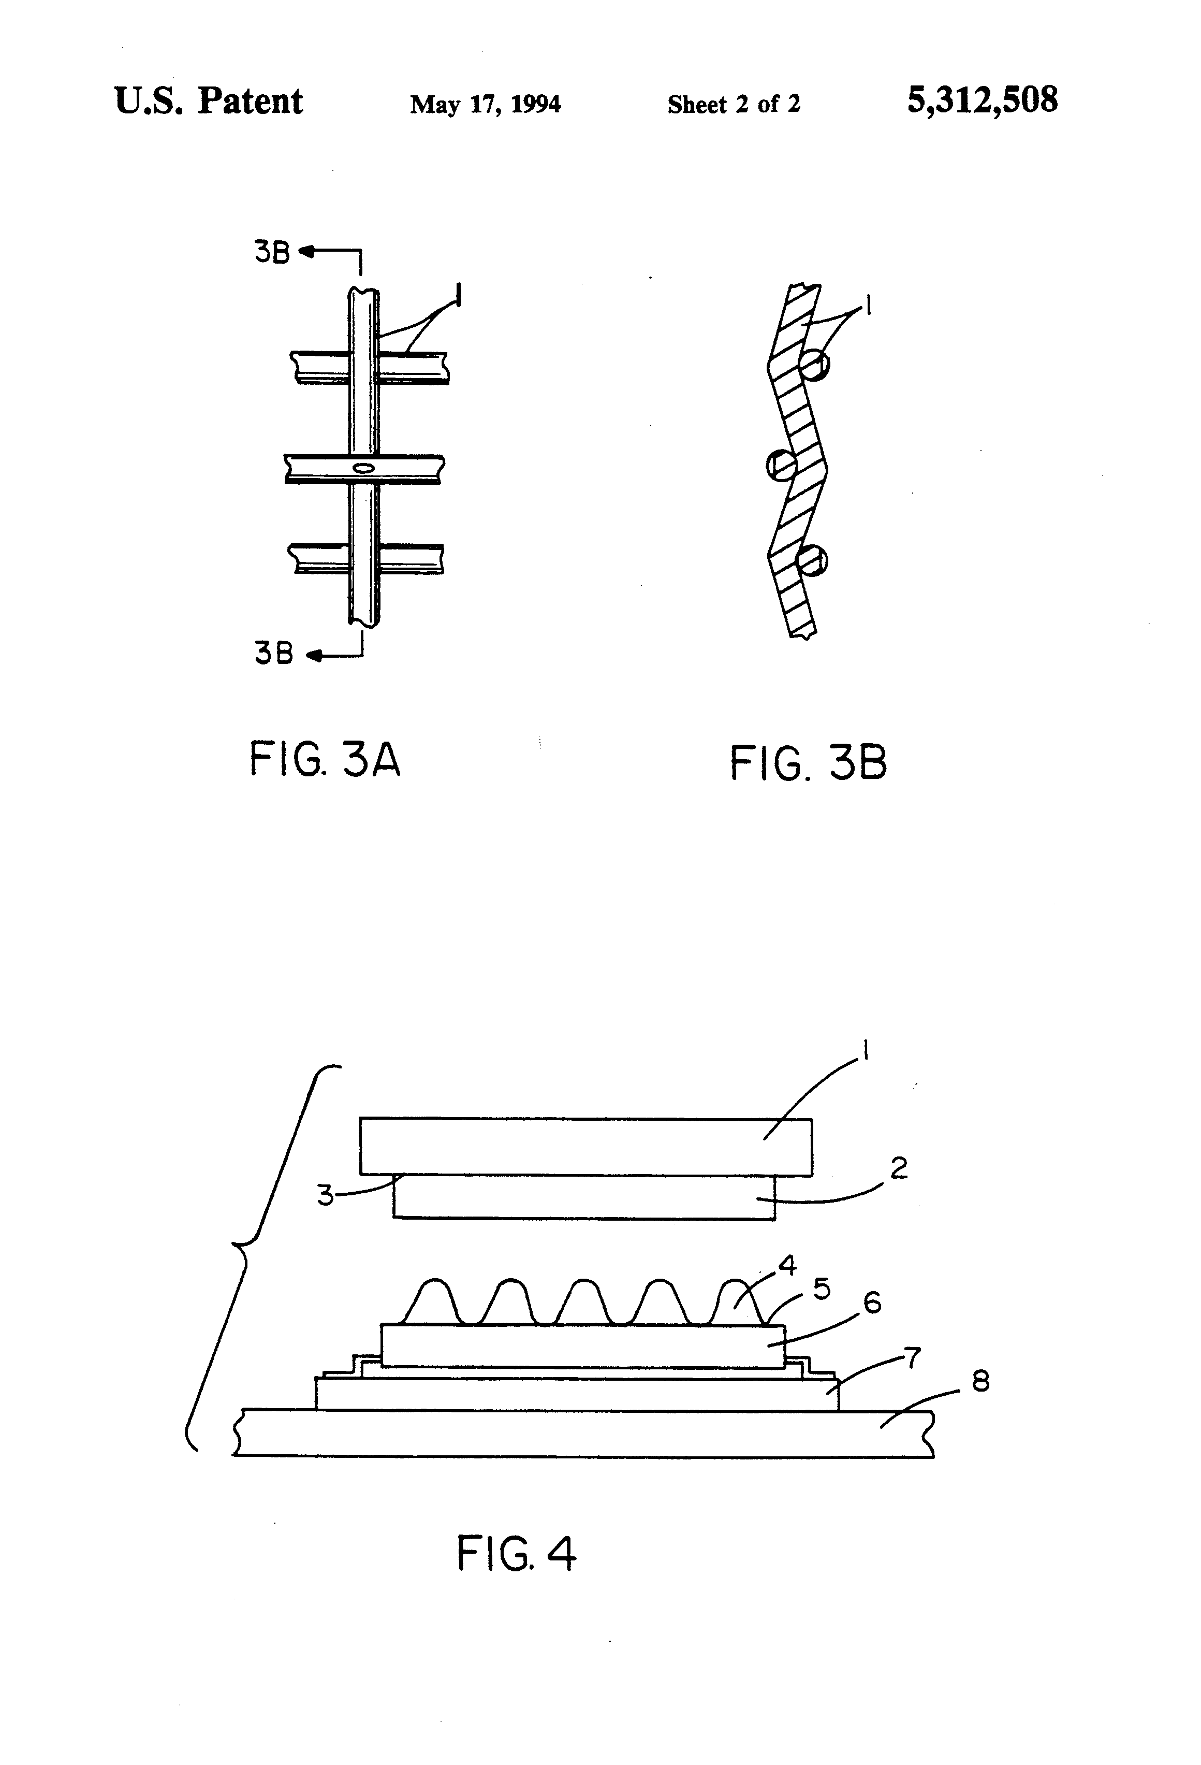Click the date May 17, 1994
tap(485, 104)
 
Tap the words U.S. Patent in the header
tap(208, 101)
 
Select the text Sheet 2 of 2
tap(734, 104)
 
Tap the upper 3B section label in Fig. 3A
tap(272, 252)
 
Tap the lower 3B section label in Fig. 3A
tap(273, 653)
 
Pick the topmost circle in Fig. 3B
tap(814, 365)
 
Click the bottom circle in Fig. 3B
tap(812, 561)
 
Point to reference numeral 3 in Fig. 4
tap(325, 1195)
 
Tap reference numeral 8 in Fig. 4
tap(980, 1381)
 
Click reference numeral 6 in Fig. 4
tap(873, 1303)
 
